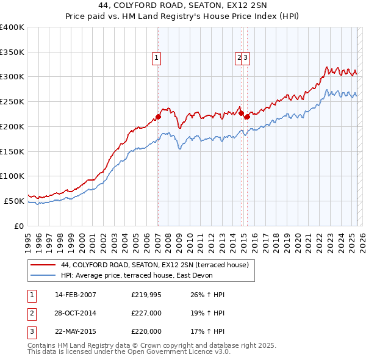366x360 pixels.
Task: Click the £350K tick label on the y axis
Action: pos(12,52)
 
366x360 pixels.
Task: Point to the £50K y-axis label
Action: pos(14,201)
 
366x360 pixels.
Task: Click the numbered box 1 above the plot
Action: pos(157,58)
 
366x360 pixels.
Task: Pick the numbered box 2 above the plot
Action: pos(239,58)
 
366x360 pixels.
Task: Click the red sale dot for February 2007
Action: pos(158,116)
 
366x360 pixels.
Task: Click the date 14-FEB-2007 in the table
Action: pos(76,295)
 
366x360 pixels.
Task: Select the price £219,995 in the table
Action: pos(146,295)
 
